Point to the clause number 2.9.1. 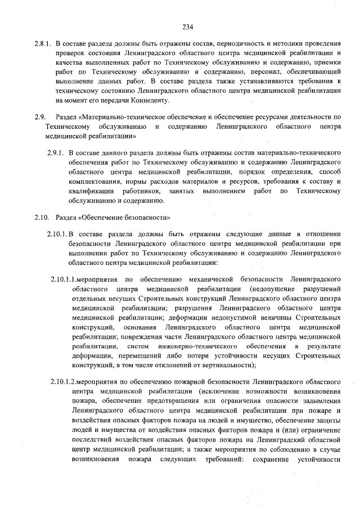(56, 152)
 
